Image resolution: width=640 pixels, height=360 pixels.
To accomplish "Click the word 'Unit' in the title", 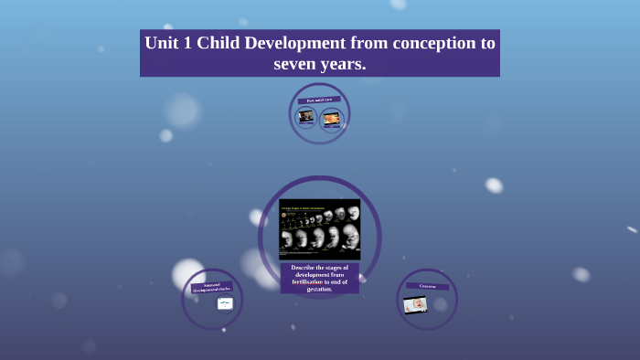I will pyautogui.click(x=163, y=44).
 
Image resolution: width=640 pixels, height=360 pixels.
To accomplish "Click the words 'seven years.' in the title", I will pyautogui.click(x=320, y=64).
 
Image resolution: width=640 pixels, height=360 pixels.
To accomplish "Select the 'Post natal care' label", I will pyautogui.click(x=319, y=100).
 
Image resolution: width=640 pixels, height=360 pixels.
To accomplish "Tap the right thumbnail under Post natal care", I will pyautogui.click(x=331, y=118).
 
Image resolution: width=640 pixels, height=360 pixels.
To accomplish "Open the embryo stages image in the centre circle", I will pyautogui.click(x=319, y=228).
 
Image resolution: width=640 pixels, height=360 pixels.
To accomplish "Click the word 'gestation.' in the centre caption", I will pyautogui.click(x=319, y=290).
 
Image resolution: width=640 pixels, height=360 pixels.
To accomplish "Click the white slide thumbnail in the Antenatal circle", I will pyautogui.click(x=225, y=303).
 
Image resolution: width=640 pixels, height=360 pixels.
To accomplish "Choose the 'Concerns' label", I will pyautogui.click(x=427, y=286).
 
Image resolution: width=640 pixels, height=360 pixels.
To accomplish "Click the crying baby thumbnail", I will pyautogui.click(x=415, y=304).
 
